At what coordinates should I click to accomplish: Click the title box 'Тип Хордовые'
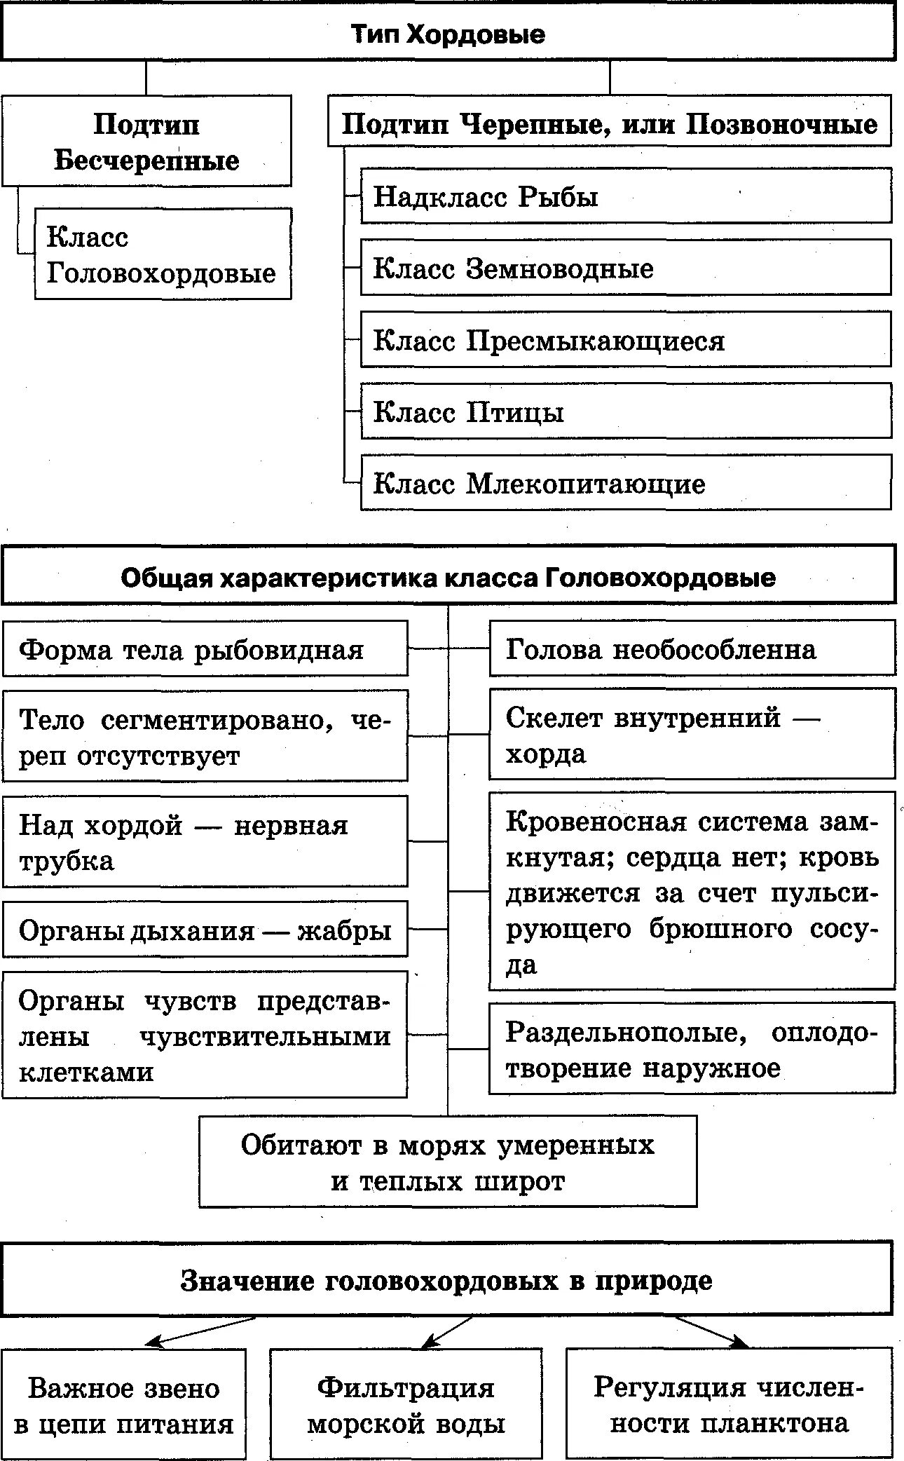[x=448, y=34]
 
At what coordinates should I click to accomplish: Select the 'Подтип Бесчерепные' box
[x=146, y=142]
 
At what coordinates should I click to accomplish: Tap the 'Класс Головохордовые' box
[x=163, y=254]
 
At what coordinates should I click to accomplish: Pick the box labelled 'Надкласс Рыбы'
[x=626, y=196]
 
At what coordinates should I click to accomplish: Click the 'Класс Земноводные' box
[x=626, y=269]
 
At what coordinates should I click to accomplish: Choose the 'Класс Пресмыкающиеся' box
[x=626, y=341]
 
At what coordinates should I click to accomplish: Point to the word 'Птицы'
[x=515, y=412]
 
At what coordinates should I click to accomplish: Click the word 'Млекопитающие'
[x=586, y=484]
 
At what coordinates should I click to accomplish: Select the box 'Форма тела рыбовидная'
[x=205, y=650]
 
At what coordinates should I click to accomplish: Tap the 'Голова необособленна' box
[x=692, y=649]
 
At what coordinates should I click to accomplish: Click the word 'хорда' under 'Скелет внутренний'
[x=546, y=754]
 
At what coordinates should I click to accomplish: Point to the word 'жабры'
[x=344, y=931]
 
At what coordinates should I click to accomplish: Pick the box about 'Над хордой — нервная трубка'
[x=205, y=842]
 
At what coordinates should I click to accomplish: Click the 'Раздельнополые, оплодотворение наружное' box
[x=692, y=1049]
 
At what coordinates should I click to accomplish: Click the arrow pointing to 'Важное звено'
[x=200, y=1331]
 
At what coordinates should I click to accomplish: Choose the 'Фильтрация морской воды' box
[x=406, y=1404]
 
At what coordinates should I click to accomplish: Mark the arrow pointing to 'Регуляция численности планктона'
[x=711, y=1331]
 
